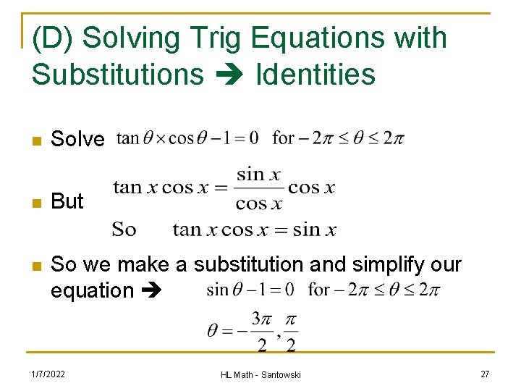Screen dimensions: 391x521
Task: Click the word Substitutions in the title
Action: click(x=118, y=75)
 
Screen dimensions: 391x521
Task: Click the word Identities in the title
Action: click(x=315, y=75)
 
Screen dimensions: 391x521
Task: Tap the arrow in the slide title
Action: click(x=230, y=75)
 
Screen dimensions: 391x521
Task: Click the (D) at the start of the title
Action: click(x=54, y=38)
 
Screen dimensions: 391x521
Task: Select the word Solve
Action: click(x=77, y=140)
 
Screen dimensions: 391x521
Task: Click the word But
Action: click(x=67, y=201)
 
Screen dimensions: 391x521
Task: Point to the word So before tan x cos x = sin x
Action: click(x=124, y=230)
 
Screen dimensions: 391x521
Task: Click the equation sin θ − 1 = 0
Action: click(x=250, y=290)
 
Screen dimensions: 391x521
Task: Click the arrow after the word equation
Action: click(x=154, y=291)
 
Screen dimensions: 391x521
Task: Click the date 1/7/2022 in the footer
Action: click(x=48, y=374)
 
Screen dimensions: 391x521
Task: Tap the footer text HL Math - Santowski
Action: click(x=260, y=374)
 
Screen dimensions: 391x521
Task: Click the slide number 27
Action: click(x=484, y=374)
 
